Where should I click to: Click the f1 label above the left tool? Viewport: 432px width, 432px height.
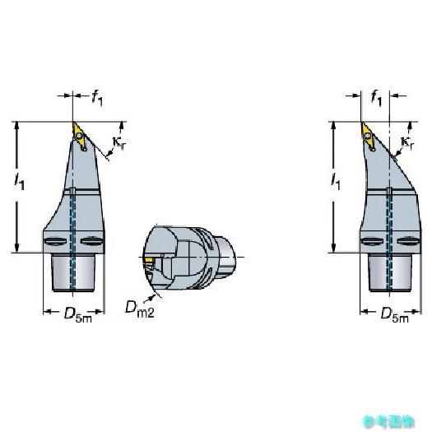coord(97,99)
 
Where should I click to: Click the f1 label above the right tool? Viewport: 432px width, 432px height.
coord(377,99)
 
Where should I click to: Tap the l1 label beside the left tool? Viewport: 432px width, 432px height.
coord(19,181)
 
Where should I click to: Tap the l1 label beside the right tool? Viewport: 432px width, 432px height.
coord(335,181)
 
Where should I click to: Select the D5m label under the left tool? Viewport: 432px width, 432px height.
coord(78,314)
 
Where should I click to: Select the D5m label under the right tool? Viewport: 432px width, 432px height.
coord(394,314)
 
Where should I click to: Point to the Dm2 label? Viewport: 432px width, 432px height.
coord(140,309)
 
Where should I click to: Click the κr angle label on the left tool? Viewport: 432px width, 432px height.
coord(120,142)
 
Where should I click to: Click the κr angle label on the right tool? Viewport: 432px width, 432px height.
coord(407,142)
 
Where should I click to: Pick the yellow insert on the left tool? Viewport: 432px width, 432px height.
coord(80,136)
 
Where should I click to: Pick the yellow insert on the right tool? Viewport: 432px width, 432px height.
coord(368,136)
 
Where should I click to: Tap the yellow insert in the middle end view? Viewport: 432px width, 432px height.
coord(150,260)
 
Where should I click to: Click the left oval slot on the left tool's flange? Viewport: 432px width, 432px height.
coord(56,241)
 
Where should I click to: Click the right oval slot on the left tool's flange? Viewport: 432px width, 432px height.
coord(91,241)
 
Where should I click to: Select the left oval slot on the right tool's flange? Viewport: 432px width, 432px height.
coord(372,241)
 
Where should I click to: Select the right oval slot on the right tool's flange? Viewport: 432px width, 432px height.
coord(408,241)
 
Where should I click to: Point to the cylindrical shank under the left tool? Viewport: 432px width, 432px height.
coord(73,272)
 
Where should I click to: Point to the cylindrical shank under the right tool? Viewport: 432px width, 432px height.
coord(390,272)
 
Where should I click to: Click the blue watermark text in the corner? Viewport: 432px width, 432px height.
coord(388,421)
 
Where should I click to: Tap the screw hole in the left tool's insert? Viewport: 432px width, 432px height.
coord(79,136)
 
